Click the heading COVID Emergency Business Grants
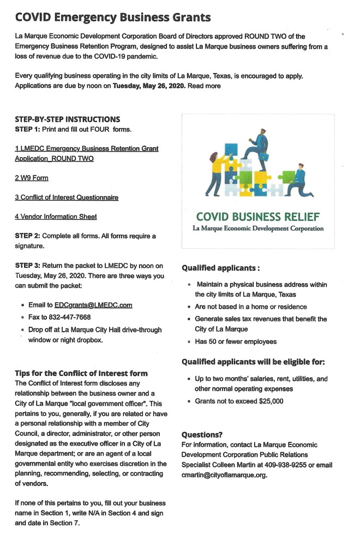113,17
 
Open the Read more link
205,86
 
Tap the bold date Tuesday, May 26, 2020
149,86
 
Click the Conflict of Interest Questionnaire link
67,197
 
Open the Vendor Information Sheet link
56,217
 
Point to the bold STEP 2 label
28,236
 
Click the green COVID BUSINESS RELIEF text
258,217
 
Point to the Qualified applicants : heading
220,268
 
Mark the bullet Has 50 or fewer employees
236,341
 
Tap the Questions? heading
202,435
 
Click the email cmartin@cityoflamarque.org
224,475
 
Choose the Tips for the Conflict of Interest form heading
81,373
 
